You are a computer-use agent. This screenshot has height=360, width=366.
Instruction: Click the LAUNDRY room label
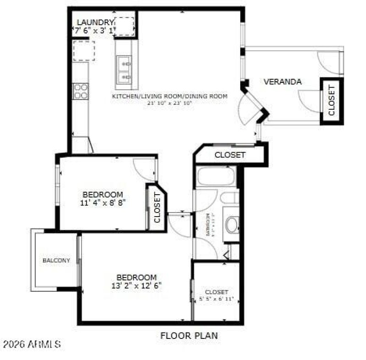pyautogui.click(x=95, y=22)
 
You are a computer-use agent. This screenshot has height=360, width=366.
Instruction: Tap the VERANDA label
pyautogui.click(x=282, y=82)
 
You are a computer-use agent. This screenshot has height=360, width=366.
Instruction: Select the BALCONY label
pyautogui.click(x=56, y=260)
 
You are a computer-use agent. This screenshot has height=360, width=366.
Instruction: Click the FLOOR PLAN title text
pyautogui.click(x=189, y=336)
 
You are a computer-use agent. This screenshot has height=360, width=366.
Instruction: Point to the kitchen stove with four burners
pyautogui.click(x=81, y=91)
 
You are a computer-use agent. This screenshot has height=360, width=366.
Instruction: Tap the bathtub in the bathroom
pyautogui.click(x=215, y=177)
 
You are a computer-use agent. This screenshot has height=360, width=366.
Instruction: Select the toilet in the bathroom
pyautogui.click(x=232, y=224)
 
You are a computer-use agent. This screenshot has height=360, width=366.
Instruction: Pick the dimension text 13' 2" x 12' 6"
pyautogui.click(x=137, y=285)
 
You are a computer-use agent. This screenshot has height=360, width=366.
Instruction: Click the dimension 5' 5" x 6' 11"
pyautogui.click(x=216, y=299)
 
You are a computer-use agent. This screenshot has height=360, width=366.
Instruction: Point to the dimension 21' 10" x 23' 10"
pyautogui.click(x=169, y=103)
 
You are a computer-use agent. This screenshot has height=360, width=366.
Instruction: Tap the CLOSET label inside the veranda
pyautogui.click(x=332, y=101)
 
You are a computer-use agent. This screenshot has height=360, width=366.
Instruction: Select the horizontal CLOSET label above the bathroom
pyautogui.click(x=230, y=155)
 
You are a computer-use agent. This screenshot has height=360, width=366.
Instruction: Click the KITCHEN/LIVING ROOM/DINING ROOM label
pyautogui.click(x=169, y=96)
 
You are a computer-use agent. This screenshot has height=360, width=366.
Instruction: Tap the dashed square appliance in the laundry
pyautogui.click(x=124, y=26)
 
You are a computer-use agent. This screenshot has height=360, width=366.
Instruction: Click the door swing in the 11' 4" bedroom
pyautogui.click(x=144, y=168)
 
